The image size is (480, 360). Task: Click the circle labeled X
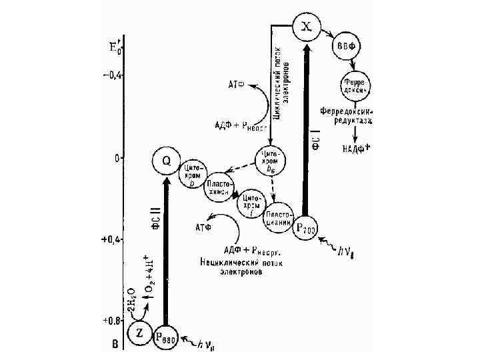coord(306,27)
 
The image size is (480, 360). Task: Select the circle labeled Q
coord(166,161)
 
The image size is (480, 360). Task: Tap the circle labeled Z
coord(140,334)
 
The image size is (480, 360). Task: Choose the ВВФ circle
coord(345,48)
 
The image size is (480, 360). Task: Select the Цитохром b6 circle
coord(271,160)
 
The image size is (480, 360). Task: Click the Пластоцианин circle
coord(279,218)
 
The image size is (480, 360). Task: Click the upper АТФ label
coord(237,85)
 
